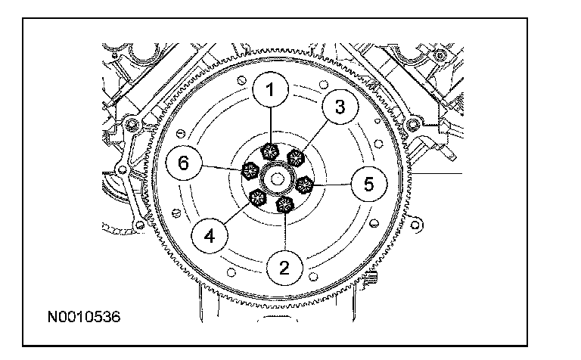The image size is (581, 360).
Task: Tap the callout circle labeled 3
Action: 340,107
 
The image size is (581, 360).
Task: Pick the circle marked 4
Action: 210,236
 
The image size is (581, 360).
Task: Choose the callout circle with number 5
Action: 368,184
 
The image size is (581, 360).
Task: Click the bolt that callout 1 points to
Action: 270,151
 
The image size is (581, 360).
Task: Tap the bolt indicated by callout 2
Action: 285,204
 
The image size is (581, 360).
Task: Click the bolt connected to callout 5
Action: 306,184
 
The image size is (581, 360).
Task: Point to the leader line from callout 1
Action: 270,125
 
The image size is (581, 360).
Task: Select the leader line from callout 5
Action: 333,184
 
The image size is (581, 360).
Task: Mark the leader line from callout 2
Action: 285,231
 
